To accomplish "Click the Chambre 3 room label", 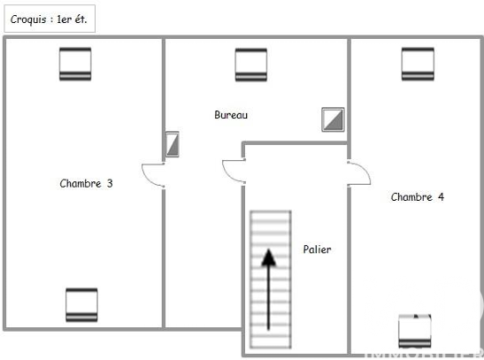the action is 86,184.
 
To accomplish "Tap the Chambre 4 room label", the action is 418,197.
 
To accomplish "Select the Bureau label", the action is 231,115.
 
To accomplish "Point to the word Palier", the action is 317,249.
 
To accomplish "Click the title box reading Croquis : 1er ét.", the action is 50,19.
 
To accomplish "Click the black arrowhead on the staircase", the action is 269,257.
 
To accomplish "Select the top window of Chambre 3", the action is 75,64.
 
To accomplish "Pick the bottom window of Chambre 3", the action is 81,305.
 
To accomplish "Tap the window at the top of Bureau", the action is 251,65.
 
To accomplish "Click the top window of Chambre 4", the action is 418,64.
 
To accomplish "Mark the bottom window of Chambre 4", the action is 415,331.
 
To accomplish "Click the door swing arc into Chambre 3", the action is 146,178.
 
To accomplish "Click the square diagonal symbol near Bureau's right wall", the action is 333,119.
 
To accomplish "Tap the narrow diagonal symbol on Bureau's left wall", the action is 173,144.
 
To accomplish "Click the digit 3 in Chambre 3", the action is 110,184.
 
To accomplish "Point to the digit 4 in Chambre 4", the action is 442,197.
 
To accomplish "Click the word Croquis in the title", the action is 28,19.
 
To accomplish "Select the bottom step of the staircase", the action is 271,342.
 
